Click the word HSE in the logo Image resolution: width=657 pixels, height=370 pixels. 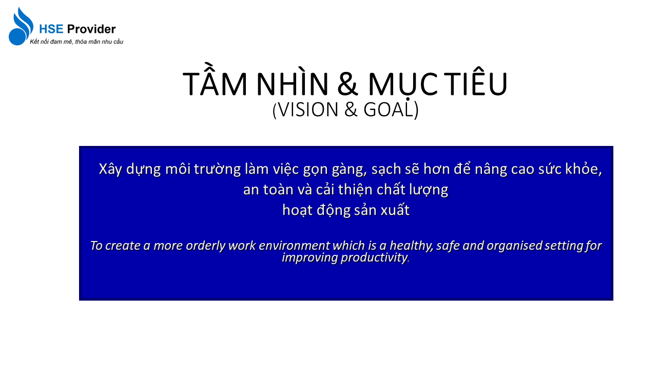[x=51, y=29]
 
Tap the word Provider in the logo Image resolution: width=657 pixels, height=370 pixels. [x=91, y=29]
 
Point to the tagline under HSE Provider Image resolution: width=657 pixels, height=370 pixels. [x=76, y=42]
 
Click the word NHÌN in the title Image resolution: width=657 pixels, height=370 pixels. [x=293, y=82]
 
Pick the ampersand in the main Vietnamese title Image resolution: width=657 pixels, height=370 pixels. [x=347, y=84]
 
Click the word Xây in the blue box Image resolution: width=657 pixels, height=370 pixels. [x=110, y=170]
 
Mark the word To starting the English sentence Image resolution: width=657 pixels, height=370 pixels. [x=96, y=246]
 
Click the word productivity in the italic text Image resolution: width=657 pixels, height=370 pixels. [x=374, y=258]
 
